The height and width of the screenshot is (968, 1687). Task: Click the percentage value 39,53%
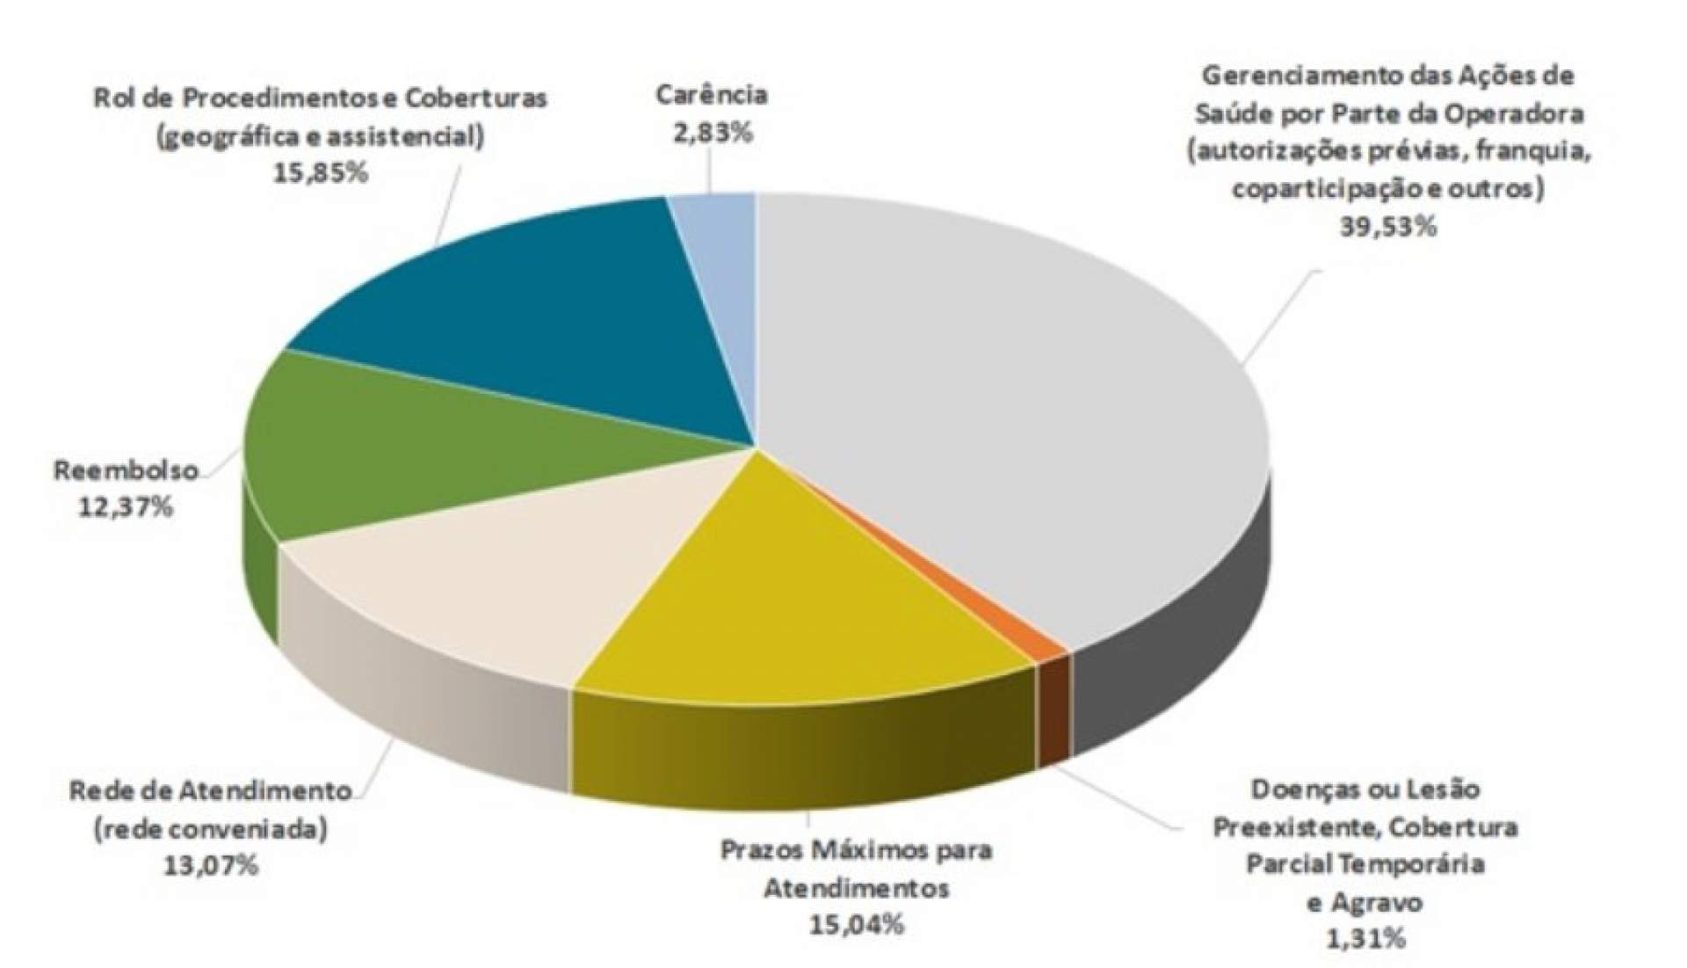tap(1387, 227)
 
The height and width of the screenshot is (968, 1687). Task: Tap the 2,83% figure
tap(712, 134)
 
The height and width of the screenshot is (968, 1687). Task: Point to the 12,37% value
tap(126, 507)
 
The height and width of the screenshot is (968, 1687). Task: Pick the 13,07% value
tap(211, 866)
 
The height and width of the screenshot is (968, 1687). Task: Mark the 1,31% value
tap(1365, 939)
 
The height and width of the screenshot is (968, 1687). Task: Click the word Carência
tap(712, 95)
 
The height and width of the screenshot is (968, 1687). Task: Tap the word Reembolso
tap(126, 470)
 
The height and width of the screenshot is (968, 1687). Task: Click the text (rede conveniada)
tap(211, 829)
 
